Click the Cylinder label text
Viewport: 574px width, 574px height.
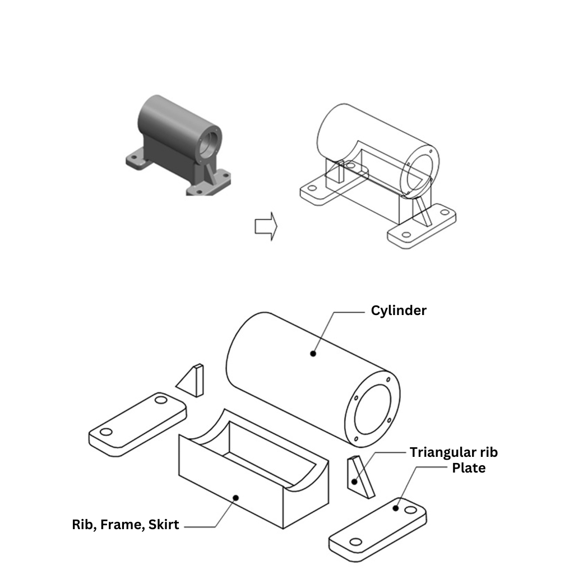(399, 311)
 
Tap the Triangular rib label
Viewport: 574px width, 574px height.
(453, 452)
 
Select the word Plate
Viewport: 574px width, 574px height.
(469, 467)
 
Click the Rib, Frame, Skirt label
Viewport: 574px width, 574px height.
(126, 525)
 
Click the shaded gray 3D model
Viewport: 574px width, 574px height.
(178, 145)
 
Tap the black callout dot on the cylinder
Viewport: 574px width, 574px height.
(313, 353)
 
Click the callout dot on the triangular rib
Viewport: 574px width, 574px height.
(354, 481)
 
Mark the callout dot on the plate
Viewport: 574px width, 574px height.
(396, 508)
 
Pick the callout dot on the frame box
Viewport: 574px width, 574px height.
(236, 497)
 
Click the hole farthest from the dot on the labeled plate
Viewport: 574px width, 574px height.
(354, 541)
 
